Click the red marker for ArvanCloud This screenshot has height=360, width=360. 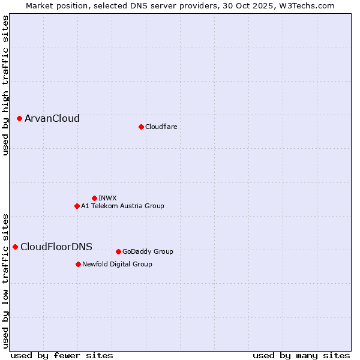coord(19,119)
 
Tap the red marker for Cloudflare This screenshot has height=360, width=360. coord(141,127)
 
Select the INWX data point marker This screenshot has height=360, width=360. coord(94,198)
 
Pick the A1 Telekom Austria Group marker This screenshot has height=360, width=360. coord(77,206)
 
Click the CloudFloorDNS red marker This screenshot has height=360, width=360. coord(15,247)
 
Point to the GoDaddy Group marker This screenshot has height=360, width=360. coord(118,251)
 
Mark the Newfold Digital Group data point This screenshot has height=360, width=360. coord(78,264)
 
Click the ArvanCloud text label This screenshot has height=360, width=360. coord(52,119)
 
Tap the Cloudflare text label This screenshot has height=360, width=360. coord(161,127)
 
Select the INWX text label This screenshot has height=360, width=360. coord(107,198)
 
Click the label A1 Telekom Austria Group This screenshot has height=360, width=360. coord(122,206)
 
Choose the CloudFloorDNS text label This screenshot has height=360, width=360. coord(56,247)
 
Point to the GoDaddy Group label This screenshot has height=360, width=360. coord(148,251)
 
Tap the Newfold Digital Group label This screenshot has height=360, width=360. coord(117,264)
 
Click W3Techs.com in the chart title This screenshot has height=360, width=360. coord(305,5)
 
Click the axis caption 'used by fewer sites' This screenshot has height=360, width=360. coord(62,355)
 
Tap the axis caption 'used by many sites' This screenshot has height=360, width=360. coord(301,355)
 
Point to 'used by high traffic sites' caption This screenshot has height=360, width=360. coord(5,85)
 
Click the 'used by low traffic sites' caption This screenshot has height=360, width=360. coord(5,280)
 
